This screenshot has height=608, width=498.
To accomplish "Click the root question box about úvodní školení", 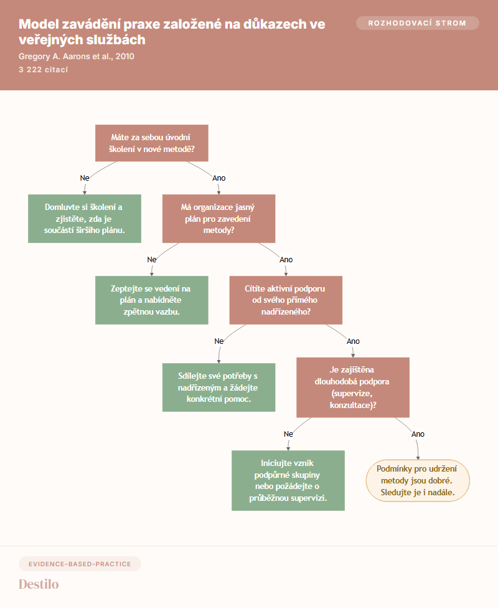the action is pyautogui.click(x=151, y=143).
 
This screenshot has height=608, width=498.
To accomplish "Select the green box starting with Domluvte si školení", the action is pyautogui.click(x=85, y=219).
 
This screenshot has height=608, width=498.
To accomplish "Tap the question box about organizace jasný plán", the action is pyautogui.click(x=218, y=219).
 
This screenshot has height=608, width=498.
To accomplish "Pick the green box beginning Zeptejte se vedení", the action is pyautogui.click(x=151, y=300).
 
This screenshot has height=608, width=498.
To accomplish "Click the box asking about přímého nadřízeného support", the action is pyautogui.click(x=286, y=300).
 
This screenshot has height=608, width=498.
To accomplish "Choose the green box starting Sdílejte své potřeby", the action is pyautogui.click(x=218, y=387).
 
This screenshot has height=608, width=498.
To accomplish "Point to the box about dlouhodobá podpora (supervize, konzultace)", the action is pyautogui.click(x=353, y=387).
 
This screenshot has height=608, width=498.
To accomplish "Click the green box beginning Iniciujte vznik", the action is pyautogui.click(x=288, y=480).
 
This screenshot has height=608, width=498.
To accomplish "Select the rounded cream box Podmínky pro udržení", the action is pyautogui.click(x=418, y=480).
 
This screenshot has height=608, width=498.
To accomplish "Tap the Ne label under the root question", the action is pyautogui.click(x=85, y=178).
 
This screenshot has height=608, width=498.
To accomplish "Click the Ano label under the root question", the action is pyautogui.click(x=218, y=178).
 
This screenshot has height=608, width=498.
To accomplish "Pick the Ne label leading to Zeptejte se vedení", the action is pyautogui.click(x=151, y=259).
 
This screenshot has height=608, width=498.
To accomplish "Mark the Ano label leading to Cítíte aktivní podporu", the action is pyautogui.click(x=286, y=259).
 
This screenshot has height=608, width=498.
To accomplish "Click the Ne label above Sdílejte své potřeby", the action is pyautogui.click(x=218, y=341).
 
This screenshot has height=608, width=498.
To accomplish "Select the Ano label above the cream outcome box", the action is pyautogui.click(x=418, y=434).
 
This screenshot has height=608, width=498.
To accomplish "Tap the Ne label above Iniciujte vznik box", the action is pyautogui.click(x=288, y=434).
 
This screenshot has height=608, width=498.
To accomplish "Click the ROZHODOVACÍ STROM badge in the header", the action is pyautogui.click(x=418, y=23).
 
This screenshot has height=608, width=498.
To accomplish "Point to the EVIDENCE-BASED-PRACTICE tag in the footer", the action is pyautogui.click(x=80, y=564).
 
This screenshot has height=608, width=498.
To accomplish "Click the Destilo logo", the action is pyautogui.click(x=39, y=584).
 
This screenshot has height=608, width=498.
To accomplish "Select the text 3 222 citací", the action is pyautogui.click(x=43, y=70).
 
